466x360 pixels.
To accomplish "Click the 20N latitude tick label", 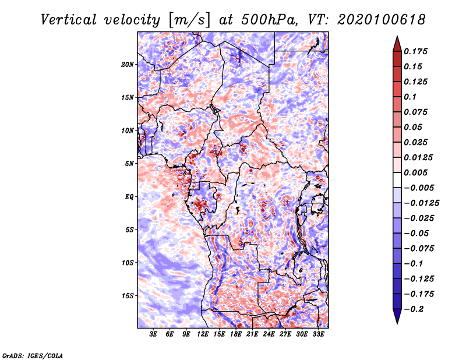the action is [128, 65].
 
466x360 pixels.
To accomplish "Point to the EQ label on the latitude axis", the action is [129, 197].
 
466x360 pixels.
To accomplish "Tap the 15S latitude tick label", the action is [128, 296].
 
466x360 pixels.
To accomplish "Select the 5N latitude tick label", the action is [129, 164].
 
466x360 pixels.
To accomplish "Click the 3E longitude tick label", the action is [153, 334].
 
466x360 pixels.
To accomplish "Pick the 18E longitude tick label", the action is [236, 334].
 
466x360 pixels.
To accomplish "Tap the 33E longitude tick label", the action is [318, 334].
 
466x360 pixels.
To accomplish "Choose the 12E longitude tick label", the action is [203, 334].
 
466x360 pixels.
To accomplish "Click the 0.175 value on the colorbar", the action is [415, 51].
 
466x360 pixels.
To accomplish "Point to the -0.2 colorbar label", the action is [414, 309].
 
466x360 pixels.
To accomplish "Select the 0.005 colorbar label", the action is [415, 172].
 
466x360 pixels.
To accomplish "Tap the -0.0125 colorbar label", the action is [421, 203].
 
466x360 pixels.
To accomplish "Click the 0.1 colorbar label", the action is [410, 97].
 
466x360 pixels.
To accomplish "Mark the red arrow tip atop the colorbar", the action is [397, 37].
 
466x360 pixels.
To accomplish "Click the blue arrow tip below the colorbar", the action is [397, 323].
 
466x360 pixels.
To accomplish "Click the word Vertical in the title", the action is [69, 20].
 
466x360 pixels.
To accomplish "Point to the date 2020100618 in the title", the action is [382, 20].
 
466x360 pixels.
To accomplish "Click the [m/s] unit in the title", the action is [189, 20].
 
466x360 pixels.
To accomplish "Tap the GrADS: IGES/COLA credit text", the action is [33, 355].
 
